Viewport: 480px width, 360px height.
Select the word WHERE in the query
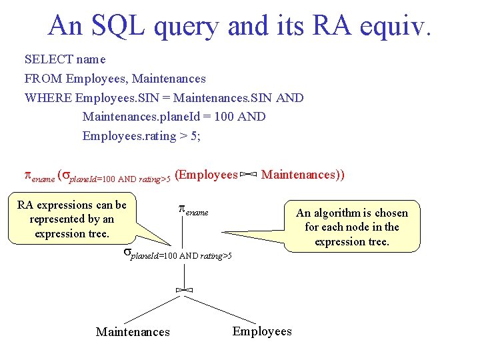click(x=48, y=98)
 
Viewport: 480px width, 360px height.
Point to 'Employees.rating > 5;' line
click(x=141, y=136)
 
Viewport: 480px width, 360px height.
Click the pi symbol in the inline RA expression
click(x=28, y=175)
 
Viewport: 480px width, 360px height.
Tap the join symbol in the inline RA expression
click(x=249, y=175)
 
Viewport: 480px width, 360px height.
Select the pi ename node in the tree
click(x=193, y=210)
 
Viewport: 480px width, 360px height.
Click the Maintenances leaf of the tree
click(x=133, y=332)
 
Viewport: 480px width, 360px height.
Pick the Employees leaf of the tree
click(x=262, y=331)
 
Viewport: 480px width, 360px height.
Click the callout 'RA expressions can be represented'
click(x=72, y=219)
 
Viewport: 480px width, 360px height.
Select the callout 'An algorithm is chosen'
click(x=351, y=227)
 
